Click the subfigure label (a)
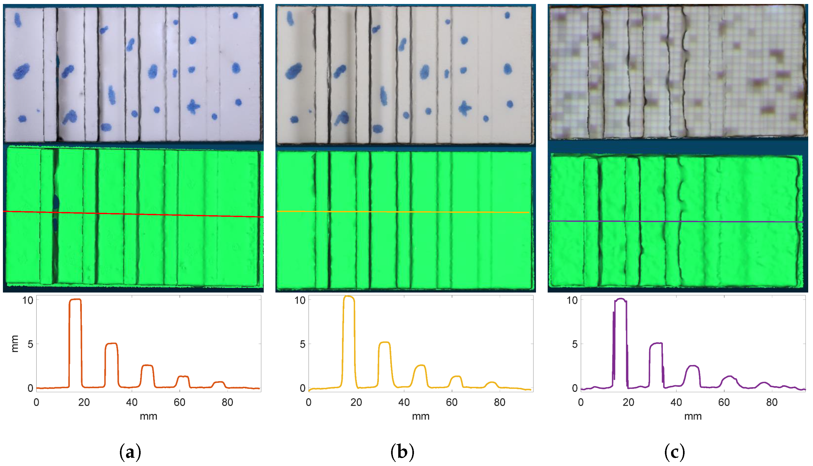coord(130,452)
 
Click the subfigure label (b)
coord(402,452)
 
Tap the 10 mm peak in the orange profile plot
coord(75,300)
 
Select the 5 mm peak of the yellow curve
coord(384,343)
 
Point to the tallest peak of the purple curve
coord(621,299)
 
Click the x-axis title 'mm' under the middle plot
coord(420,416)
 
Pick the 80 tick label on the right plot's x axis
coord(772,402)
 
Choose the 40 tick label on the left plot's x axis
coord(132,402)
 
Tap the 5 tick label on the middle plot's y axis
coord(302,344)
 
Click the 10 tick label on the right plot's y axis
coord(572,300)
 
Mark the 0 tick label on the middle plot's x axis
coord(308,402)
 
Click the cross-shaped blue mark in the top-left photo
coord(193,107)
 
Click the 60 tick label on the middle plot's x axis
coord(451,402)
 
